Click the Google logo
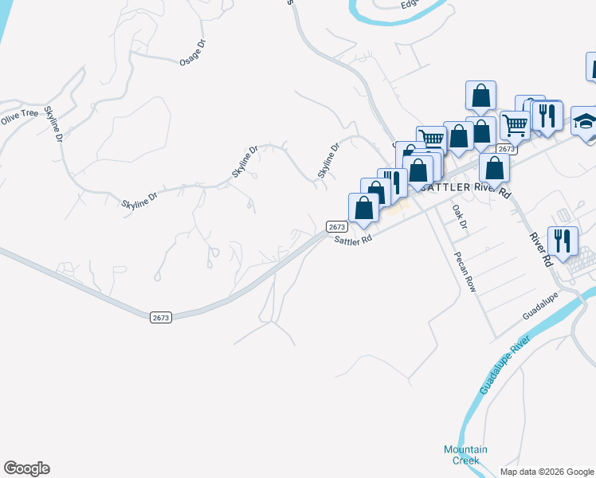(x=26, y=468)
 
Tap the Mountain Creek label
(x=465, y=455)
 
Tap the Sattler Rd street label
(x=353, y=240)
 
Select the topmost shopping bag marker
(x=481, y=95)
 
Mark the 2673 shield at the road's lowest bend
(x=160, y=317)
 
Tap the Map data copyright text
(x=547, y=472)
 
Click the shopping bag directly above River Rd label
(x=495, y=167)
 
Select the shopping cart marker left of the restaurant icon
(x=515, y=123)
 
